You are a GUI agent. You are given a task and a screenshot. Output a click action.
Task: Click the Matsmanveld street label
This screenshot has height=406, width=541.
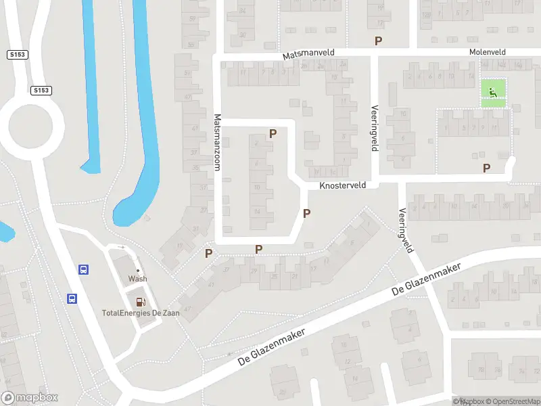[308, 52]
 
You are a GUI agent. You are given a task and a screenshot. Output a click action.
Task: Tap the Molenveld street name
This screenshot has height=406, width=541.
[488, 52]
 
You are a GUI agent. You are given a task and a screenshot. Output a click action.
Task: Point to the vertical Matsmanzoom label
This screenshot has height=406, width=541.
[218, 141]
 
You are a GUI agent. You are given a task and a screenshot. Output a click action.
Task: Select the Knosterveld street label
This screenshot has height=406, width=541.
[342, 185]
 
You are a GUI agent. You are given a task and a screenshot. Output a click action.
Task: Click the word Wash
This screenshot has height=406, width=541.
[138, 279]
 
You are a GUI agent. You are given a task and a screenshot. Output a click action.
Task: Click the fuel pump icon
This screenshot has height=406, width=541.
[141, 302]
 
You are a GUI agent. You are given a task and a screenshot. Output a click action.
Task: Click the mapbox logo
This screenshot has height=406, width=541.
[30, 398]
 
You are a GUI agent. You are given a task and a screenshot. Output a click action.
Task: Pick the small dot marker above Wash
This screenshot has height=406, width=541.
[138, 270]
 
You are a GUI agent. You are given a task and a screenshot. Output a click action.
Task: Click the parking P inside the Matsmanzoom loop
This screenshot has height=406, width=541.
[273, 134]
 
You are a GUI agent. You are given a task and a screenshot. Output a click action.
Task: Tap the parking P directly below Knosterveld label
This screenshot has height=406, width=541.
[306, 214]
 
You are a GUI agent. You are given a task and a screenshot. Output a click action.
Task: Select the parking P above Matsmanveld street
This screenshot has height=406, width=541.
[378, 41]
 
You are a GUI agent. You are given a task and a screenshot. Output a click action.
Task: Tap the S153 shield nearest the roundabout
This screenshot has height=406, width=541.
[41, 90]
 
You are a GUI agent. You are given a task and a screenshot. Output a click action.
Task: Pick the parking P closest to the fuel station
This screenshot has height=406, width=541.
[209, 254]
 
